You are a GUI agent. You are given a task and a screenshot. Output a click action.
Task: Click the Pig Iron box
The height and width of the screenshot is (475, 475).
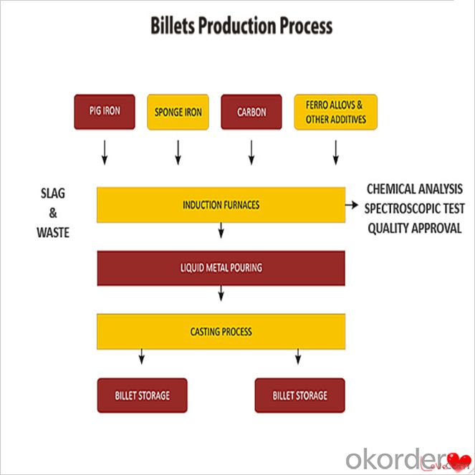coord(105,112)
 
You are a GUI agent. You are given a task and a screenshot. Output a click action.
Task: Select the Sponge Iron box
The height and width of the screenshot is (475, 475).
coord(178,112)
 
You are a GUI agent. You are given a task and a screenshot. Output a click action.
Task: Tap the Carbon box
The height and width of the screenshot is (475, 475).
coord(251,112)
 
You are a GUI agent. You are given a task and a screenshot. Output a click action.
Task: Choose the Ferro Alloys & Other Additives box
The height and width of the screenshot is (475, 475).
coord(335,112)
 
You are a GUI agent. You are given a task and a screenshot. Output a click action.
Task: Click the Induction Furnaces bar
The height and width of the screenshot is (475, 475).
coord(221,205)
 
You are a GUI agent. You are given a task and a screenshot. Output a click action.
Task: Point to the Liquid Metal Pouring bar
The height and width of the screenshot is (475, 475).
coord(221,268)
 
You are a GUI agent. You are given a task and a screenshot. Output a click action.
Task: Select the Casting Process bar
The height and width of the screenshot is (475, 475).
coord(221,332)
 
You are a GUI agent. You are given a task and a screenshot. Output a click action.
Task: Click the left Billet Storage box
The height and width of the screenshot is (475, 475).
coord(143,395)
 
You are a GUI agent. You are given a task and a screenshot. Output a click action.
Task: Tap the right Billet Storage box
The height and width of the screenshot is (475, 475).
coord(300,395)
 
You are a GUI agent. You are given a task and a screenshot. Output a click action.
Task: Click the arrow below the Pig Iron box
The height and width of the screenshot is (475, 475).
coord(105,153)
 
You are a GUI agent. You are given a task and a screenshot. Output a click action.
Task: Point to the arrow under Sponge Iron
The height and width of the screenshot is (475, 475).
coord(178,153)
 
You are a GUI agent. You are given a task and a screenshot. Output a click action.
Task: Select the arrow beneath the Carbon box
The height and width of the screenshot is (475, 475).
coord(251,153)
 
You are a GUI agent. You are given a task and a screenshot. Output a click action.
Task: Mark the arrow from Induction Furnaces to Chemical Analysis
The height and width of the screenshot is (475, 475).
coord(352,205)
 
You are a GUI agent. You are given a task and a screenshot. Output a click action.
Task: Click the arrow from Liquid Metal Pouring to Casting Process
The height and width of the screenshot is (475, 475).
coord(221,293)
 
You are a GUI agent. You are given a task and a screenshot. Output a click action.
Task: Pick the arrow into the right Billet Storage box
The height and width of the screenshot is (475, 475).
coord(298,357)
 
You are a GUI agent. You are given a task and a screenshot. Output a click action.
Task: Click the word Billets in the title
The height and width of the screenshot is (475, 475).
coord(173,26)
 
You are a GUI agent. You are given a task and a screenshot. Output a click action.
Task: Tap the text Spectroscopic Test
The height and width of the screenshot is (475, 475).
coord(414,208)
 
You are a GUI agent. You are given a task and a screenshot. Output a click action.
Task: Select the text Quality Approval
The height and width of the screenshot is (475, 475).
coord(414,229)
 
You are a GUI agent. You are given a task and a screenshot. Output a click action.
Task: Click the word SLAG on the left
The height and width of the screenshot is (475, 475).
coord(53,193)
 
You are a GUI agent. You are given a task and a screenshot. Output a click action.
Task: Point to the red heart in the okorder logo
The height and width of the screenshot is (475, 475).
coord(459,461)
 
